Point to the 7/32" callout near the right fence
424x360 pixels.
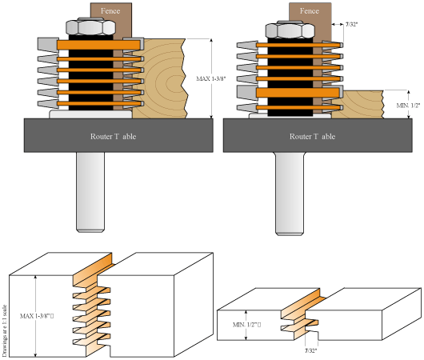[352, 25]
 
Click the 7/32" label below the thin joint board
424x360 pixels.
[311, 350]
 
